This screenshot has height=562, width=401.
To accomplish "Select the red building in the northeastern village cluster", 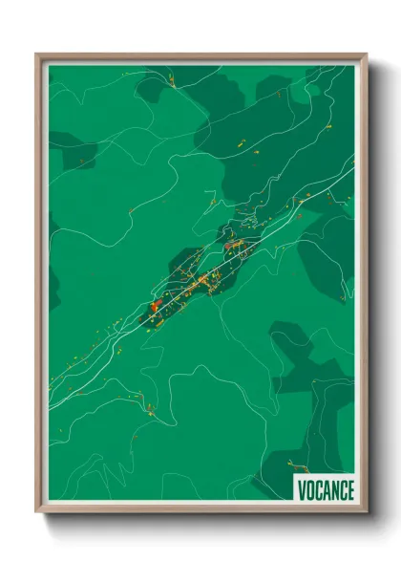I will (232, 246).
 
